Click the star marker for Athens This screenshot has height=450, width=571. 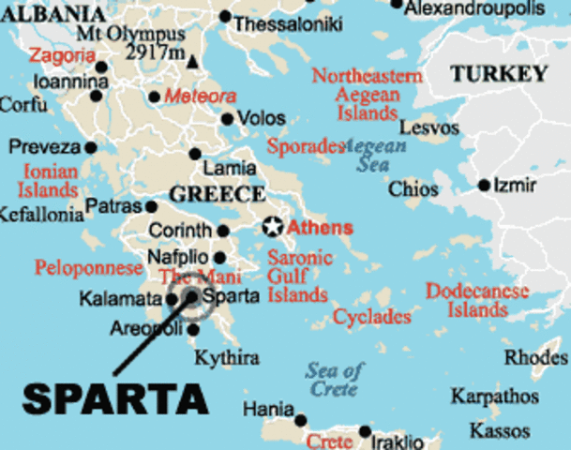pos(272,226)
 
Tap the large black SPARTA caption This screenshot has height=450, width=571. pos(115,397)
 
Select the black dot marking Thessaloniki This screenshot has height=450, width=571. pos(225,17)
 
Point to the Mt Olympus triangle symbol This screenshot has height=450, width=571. pos(192,62)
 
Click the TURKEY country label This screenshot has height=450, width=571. pos(498,74)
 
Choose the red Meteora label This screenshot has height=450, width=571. pos(200,96)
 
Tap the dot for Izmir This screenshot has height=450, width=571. pos(484,186)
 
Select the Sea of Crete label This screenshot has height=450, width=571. pos(335,379)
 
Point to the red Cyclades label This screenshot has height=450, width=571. pos(371,317)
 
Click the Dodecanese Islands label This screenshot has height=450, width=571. pos(476,300)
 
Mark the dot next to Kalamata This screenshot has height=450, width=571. pos(172,300)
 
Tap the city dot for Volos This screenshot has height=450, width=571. pos(227,119)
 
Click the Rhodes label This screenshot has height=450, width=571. pos(535,357)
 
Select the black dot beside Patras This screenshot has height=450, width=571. pos(151,206)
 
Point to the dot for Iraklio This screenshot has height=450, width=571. pos(365,433)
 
